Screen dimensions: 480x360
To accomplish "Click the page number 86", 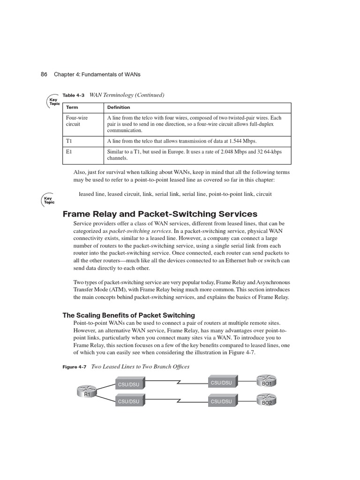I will click(x=45, y=75).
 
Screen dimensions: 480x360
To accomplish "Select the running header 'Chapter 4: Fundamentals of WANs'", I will click(x=97, y=75).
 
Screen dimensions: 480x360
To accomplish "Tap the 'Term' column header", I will click(x=72, y=107).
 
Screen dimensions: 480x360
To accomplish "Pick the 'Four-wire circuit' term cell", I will click(x=77, y=121).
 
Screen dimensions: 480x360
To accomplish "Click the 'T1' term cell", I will click(x=69, y=141).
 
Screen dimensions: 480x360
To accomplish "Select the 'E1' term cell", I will click(x=69, y=152).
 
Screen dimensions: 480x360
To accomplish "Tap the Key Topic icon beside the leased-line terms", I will click(x=49, y=200).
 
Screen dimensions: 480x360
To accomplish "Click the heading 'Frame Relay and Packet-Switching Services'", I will click(x=160, y=214).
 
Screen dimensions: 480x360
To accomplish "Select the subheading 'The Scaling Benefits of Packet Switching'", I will click(x=129, y=315).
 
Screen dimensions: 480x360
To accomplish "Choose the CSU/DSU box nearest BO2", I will click(x=221, y=401).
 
